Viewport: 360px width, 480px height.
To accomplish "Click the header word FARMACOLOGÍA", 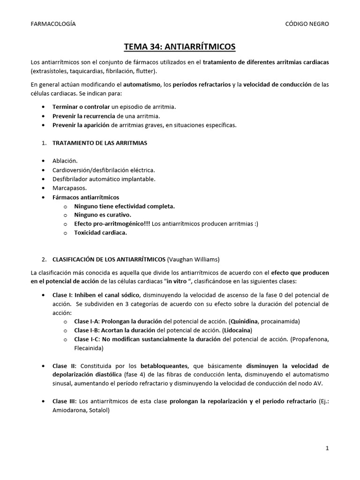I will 52,24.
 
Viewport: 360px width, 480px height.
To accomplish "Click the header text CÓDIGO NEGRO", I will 307,24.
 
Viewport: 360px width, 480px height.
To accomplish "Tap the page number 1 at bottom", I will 327,448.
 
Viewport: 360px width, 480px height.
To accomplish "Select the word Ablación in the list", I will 65,161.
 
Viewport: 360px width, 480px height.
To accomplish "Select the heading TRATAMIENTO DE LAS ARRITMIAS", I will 99,143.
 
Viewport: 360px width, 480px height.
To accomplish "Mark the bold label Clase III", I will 64,402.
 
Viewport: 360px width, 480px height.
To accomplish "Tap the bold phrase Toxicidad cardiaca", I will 100,232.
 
